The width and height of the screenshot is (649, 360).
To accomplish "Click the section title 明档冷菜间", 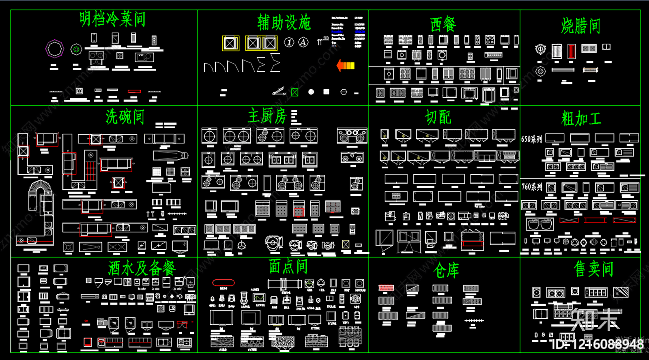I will [x=112, y=19].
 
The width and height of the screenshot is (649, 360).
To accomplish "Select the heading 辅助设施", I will [x=284, y=22].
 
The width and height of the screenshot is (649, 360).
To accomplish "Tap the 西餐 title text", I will [x=443, y=24].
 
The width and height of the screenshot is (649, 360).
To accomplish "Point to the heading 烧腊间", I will [x=580, y=26].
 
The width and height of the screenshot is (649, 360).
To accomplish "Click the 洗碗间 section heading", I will [x=125, y=117].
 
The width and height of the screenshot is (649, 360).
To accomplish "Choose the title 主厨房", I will [x=267, y=116].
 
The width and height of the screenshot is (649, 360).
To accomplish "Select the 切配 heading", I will [x=438, y=118].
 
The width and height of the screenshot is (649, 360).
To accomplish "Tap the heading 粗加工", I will [x=581, y=119].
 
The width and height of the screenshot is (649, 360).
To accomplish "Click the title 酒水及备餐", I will [x=142, y=268].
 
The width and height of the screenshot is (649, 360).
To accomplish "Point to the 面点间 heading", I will [x=288, y=267].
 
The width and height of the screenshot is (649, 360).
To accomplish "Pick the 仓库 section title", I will [x=446, y=270].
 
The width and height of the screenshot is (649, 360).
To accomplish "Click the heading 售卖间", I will [x=593, y=269].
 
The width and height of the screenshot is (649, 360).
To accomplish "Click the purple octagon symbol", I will [x=55, y=49].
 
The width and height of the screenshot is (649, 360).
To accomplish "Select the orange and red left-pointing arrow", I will [x=346, y=65].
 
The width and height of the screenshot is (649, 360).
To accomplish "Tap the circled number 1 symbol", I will [x=289, y=42].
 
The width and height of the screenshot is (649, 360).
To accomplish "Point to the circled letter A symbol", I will [x=303, y=42].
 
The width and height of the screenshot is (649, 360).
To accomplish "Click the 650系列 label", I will [x=531, y=139].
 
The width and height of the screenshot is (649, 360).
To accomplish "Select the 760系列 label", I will [x=532, y=187].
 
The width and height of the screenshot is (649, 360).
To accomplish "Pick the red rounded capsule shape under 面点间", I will [x=223, y=283].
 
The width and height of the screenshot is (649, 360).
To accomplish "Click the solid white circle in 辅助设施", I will [x=311, y=92].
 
